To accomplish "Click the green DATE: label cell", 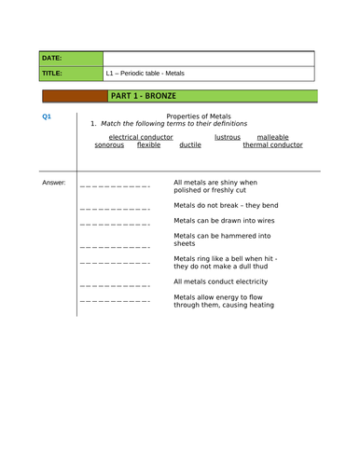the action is [71, 58].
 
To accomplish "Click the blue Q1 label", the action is [48, 116].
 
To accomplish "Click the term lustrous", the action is [227, 137].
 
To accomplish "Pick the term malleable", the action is [273, 137].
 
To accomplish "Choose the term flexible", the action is [148, 145].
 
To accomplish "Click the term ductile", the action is [189, 145].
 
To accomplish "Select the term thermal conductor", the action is [272, 145].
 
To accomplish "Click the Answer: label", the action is [54, 182].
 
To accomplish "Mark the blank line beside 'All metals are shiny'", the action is [115, 186].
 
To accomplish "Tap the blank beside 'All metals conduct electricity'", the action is [115, 284].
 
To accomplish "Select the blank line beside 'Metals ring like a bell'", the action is [115, 265].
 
